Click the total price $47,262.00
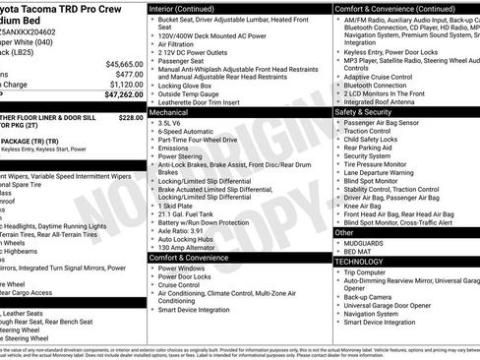coord(119,96)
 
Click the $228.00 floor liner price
coord(131,116)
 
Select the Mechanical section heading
coord(170,113)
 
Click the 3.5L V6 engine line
coord(174,124)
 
